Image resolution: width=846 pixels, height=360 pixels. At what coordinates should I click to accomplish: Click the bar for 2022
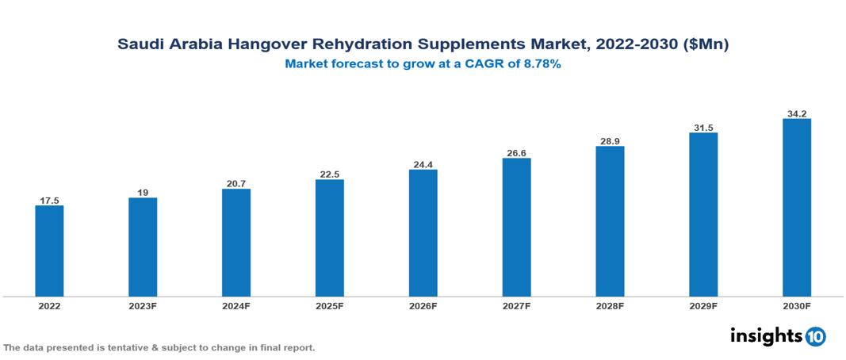coord(49,251)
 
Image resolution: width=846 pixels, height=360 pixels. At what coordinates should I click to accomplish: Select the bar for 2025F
coord(329,238)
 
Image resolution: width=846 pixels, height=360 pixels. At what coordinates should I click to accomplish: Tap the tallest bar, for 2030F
coord(796,208)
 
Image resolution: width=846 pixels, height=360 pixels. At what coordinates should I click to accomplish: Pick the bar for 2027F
coord(516,227)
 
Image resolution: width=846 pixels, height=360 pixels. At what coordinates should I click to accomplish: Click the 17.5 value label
coord(49,201)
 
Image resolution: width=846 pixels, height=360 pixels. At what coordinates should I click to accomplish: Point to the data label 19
coord(143,192)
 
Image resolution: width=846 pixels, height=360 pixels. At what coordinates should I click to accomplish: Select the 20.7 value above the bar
coord(236,183)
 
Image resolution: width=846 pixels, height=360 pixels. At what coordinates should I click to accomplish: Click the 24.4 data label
coord(423,164)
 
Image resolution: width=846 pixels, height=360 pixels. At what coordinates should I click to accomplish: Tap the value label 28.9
coord(610,140)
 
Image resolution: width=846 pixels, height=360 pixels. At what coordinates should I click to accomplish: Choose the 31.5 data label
coord(703,127)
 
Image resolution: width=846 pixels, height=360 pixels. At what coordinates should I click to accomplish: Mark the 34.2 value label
coord(796,113)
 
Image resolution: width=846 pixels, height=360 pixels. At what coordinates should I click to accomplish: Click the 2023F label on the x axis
coord(143,305)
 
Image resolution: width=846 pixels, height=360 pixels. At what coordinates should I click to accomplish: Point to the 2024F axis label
coord(236,305)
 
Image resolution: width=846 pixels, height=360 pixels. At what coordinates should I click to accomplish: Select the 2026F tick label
coord(423,305)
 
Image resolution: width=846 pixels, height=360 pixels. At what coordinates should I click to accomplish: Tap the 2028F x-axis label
coord(610,305)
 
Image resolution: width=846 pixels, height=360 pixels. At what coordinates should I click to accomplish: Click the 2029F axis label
coord(703,305)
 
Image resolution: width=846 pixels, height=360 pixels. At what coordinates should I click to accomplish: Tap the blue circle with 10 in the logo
coord(815,336)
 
